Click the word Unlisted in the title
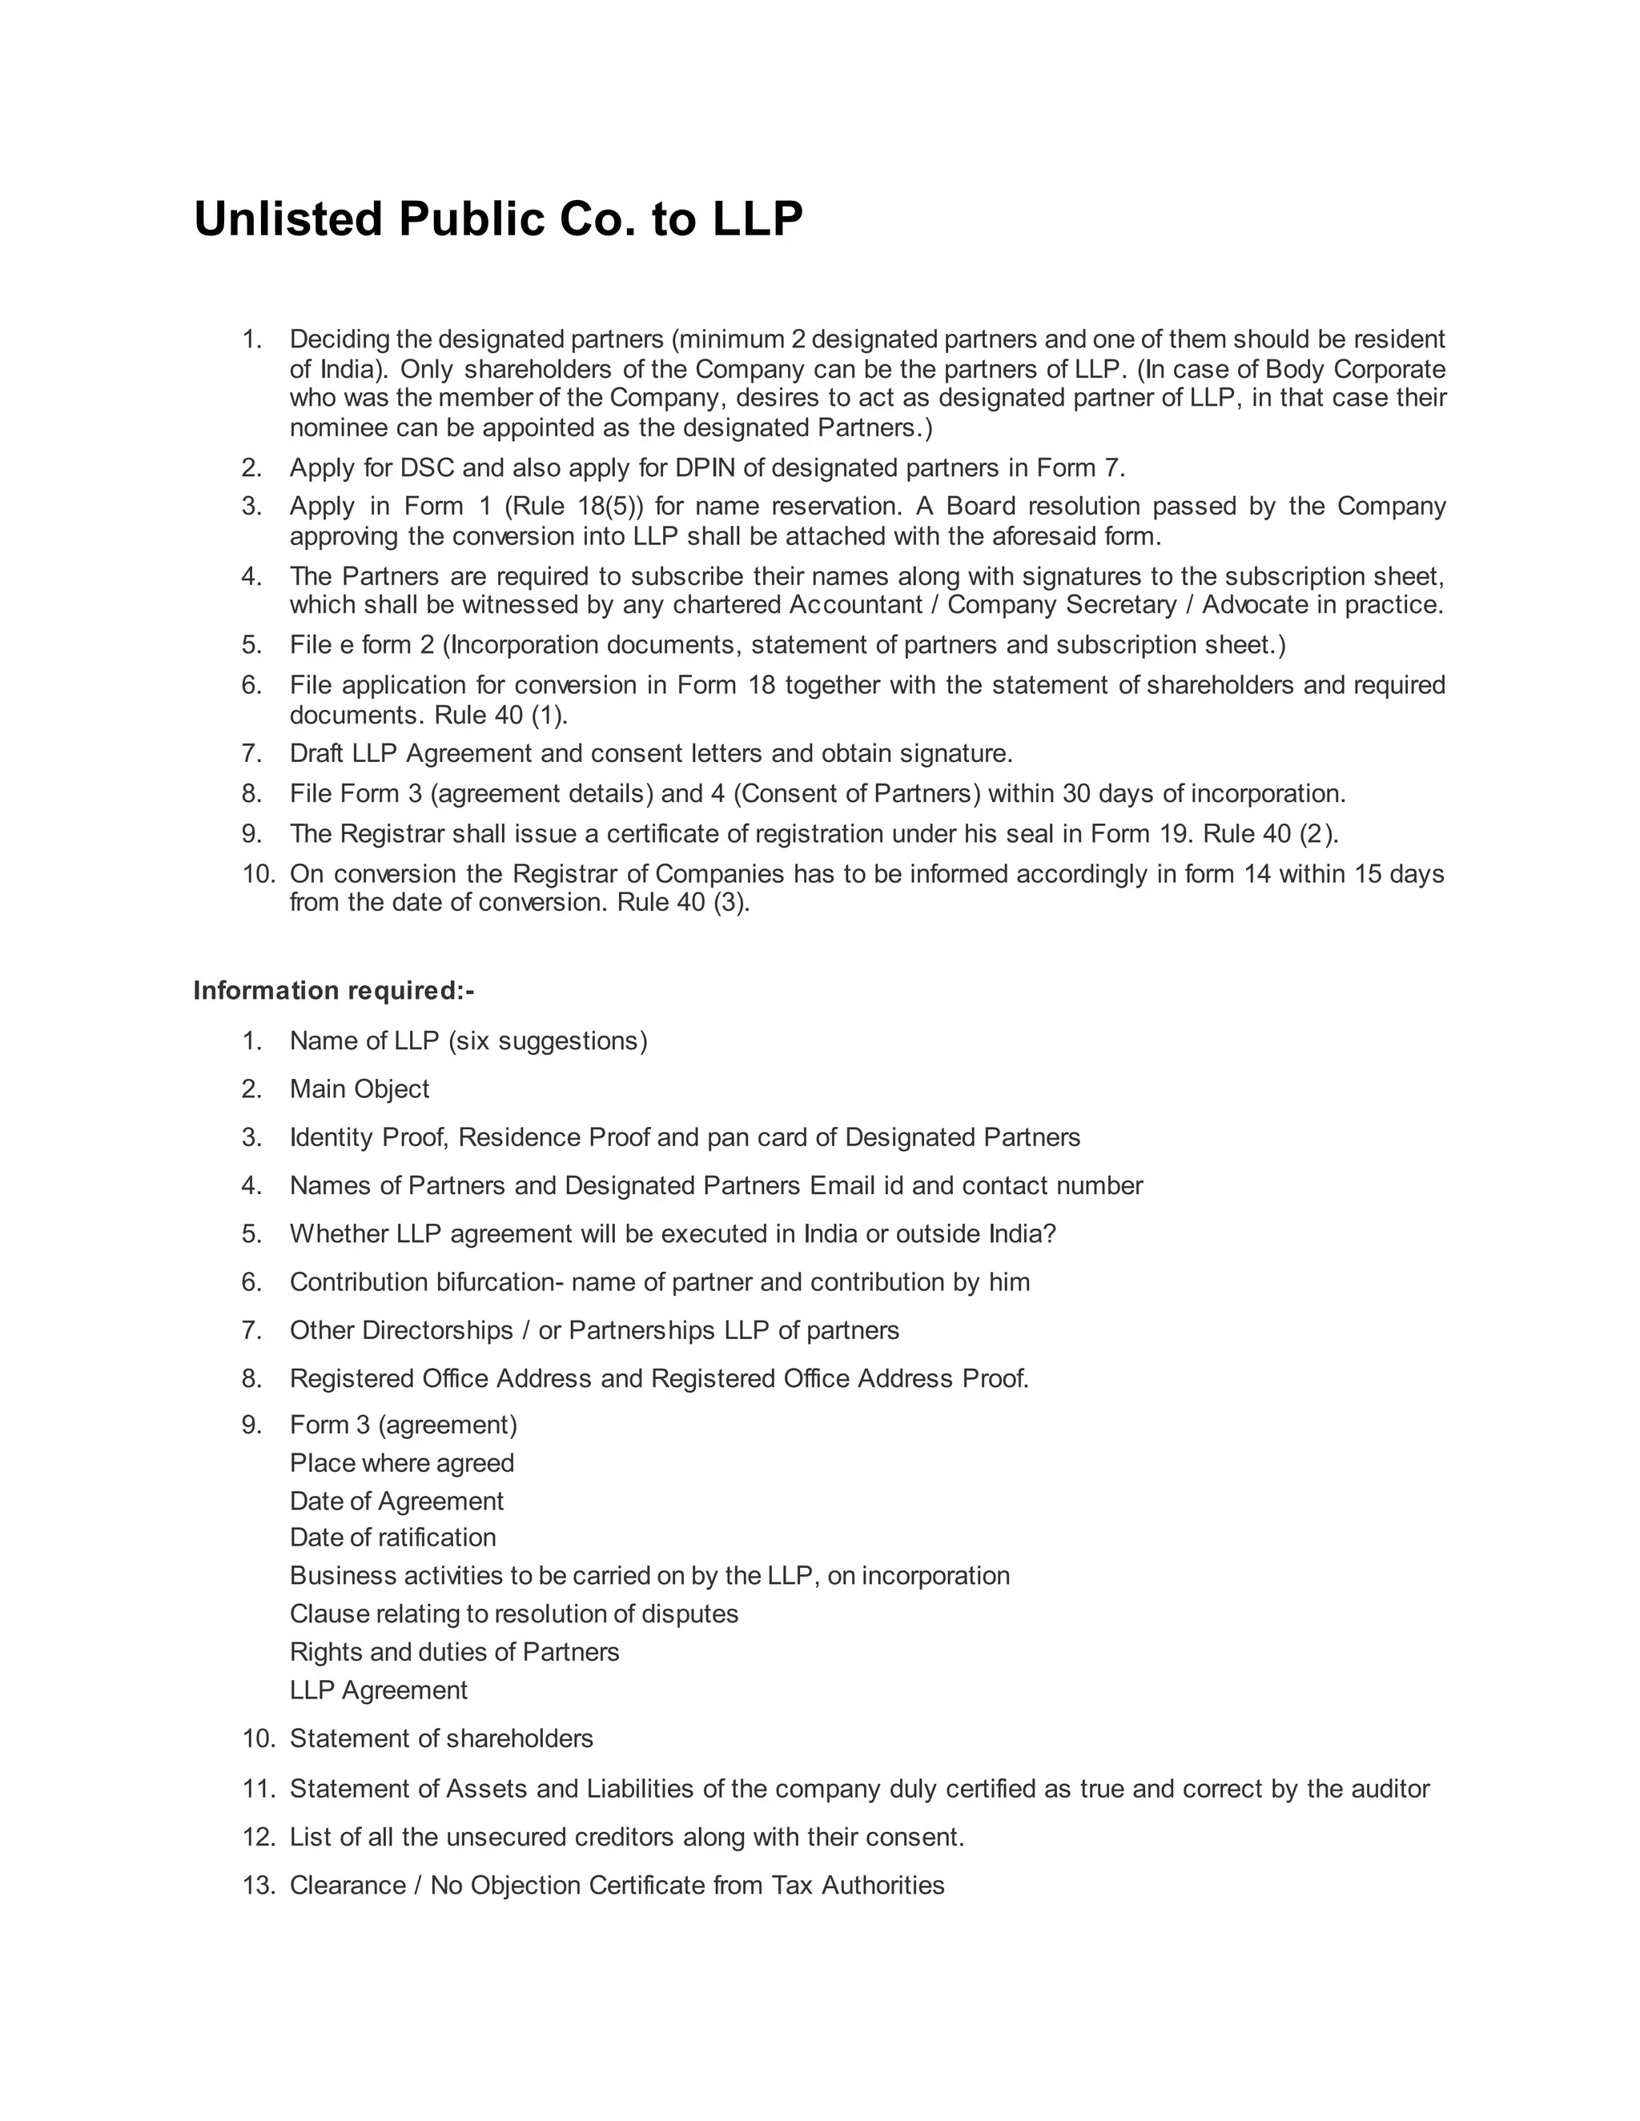[x=288, y=219]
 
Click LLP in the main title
[x=758, y=219]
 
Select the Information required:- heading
[x=333, y=991]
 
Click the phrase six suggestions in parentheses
[x=547, y=1041]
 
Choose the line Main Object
[x=360, y=1089]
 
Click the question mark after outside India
[x=1049, y=1233]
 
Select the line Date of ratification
[x=392, y=1538]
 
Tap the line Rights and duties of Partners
[x=454, y=1652]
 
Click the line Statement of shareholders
[x=441, y=1738]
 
